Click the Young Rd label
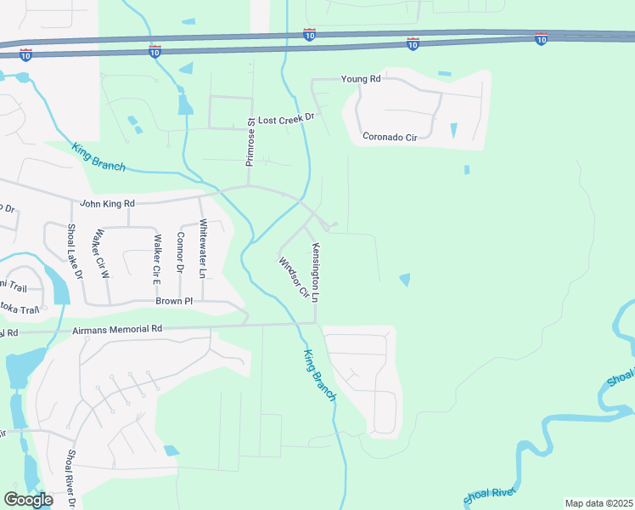coord(361,79)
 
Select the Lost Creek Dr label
coord(286,120)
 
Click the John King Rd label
coord(107,203)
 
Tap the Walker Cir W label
coord(103,253)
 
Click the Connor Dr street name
coord(180,252)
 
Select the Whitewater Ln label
coord(202,249)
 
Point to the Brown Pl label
coord(174,301)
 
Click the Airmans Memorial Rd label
coord(117,329)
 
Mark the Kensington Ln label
coord(315,273)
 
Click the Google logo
coord(28,500)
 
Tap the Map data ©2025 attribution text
coord(598,503)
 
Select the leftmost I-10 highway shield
coord(26,54)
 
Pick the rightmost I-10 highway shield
coord(542,39)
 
